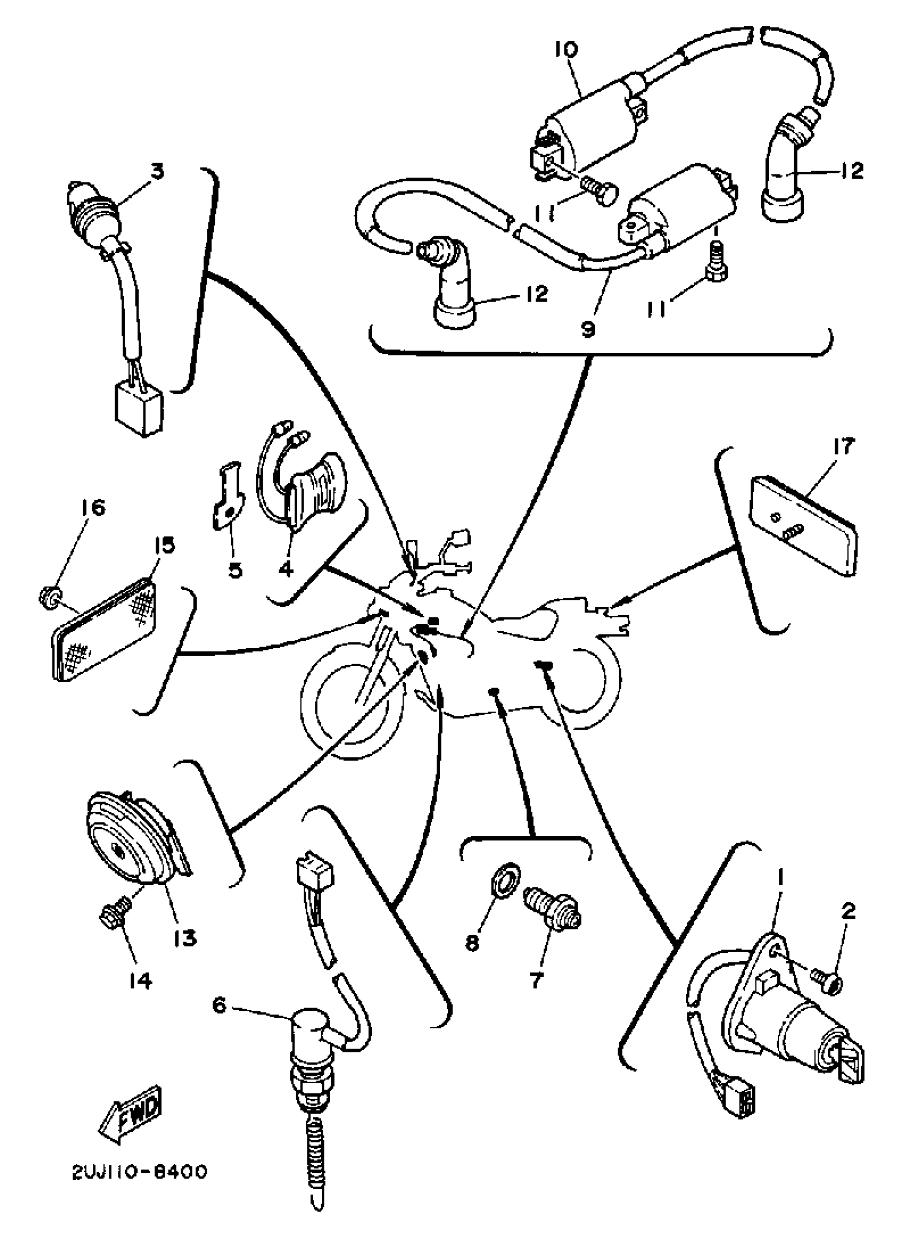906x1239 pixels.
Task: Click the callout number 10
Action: pyautogui.click(x=565, y=51)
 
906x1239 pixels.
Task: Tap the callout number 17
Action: pyautogui.click(x=844, y=447)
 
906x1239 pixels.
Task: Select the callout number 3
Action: pyautogui.click(x=157, y=172)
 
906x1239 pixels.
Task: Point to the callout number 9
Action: pyautogui.click(x=588, y=329)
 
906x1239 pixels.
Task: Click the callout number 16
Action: pyautogui.click(x=93, y=508)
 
